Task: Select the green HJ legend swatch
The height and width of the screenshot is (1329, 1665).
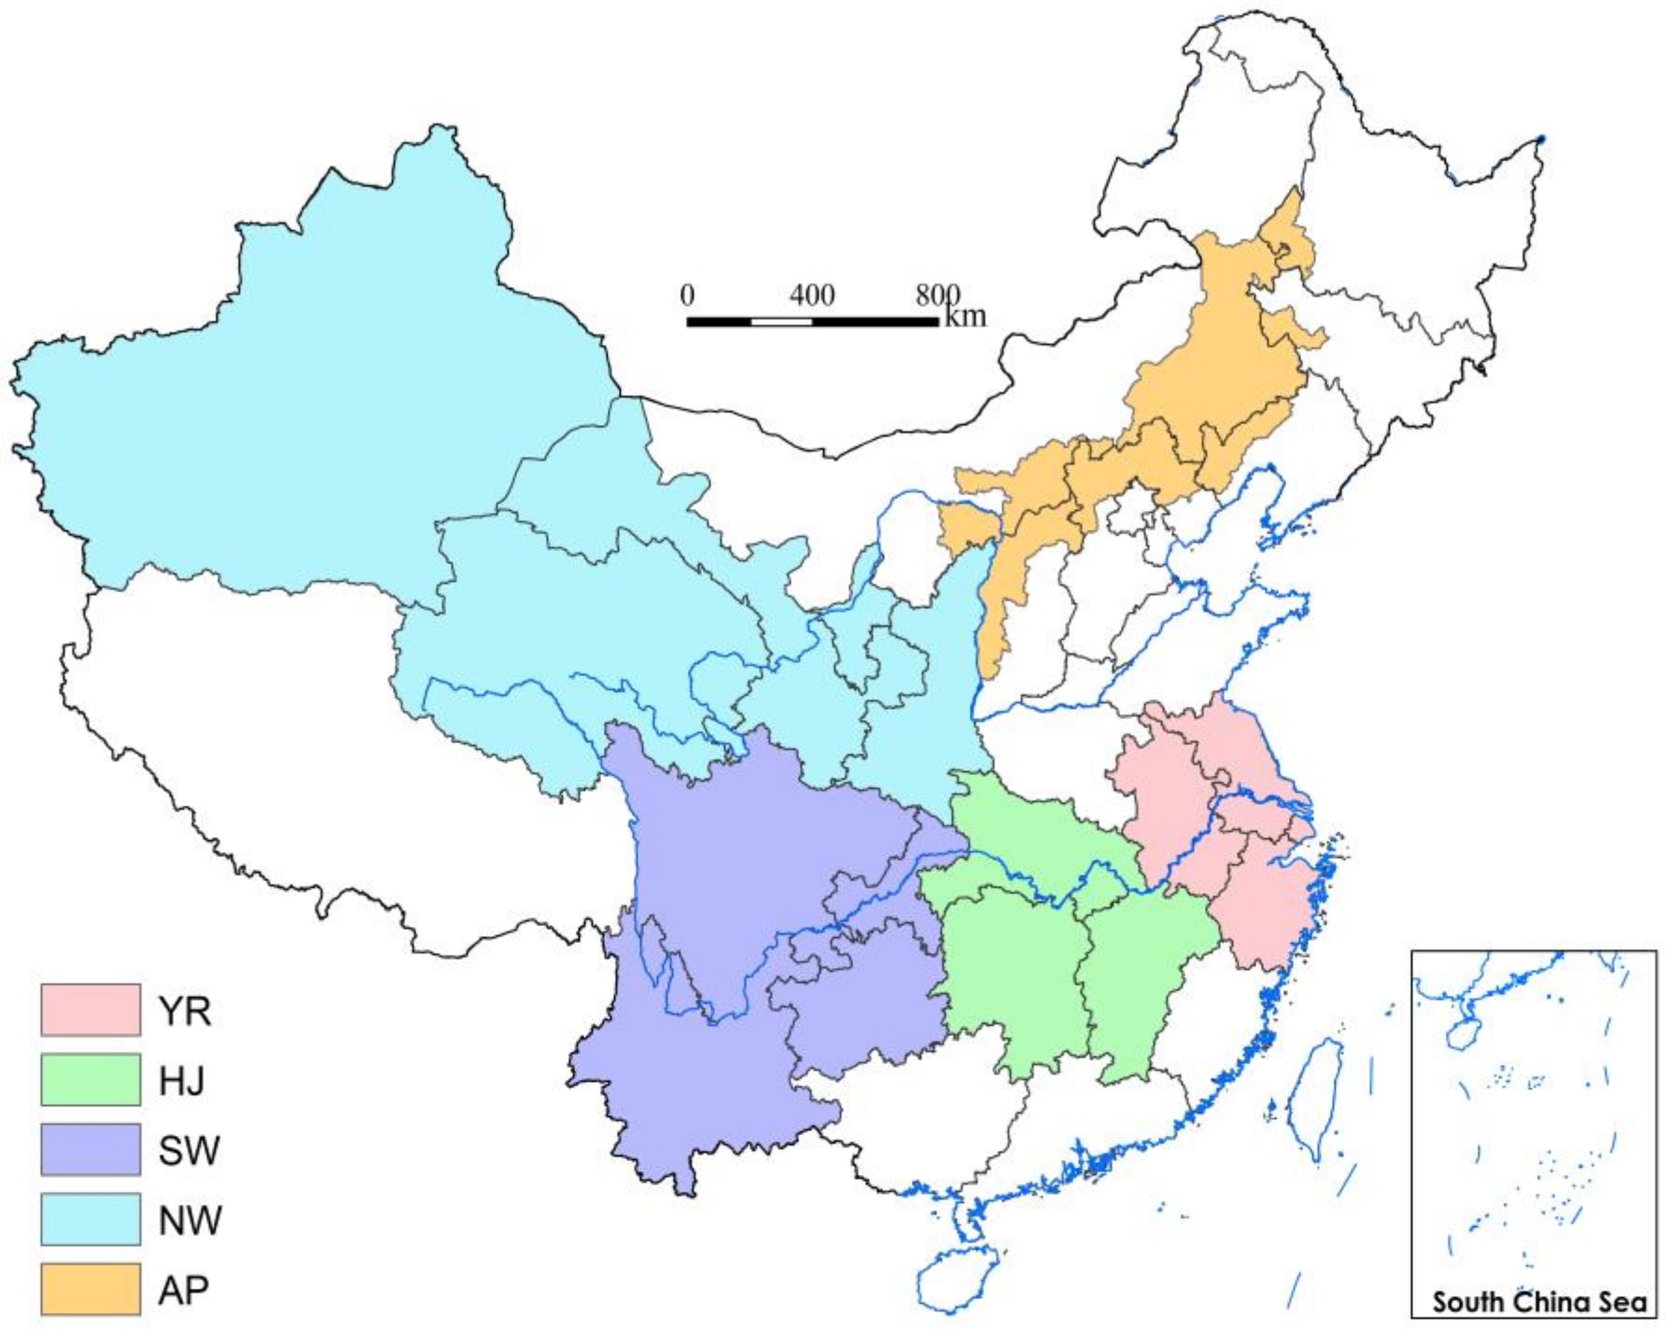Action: point(90,1078)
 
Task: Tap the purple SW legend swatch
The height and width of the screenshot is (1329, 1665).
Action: point(90,1149)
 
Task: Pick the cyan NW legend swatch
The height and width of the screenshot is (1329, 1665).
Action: point(90,1218)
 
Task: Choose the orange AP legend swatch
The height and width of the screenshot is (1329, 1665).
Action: point(90,1288)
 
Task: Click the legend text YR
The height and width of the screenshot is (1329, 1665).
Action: point(185,1011)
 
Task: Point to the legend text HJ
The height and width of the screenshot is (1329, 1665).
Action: point(182,1080)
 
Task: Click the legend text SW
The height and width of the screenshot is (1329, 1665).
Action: point(189,1151)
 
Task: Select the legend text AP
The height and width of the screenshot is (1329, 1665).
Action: point(184,1290)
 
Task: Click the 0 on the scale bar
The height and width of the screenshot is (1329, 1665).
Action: point(687,296)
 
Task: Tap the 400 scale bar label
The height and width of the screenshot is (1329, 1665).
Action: point(811,296)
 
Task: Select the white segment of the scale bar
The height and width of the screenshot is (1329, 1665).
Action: point(781,321)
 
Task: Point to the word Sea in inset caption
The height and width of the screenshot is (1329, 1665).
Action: point(1621,1302)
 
